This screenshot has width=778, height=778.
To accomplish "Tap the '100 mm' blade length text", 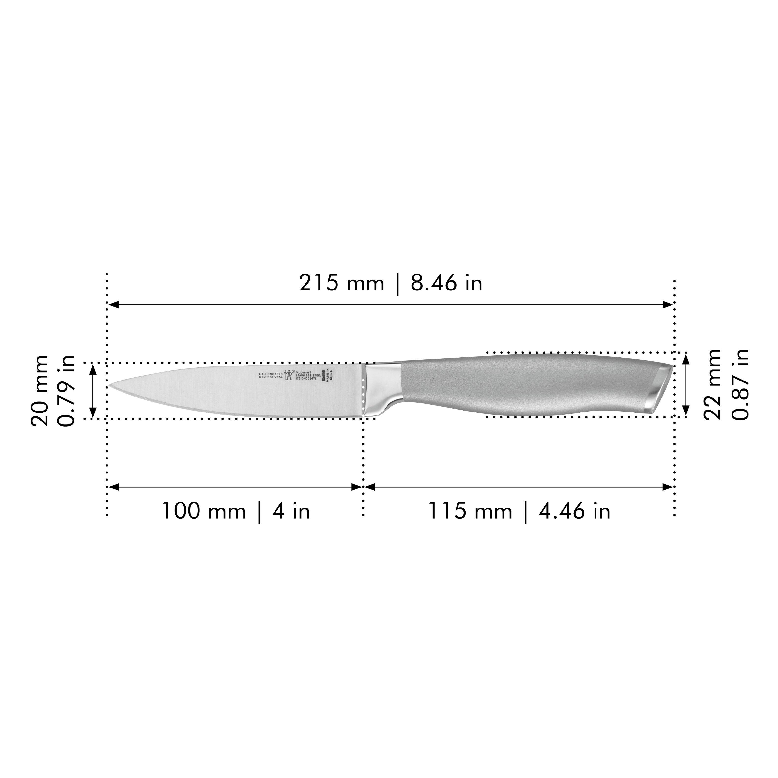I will [204, 511].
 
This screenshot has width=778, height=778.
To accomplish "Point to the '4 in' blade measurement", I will [291, 511].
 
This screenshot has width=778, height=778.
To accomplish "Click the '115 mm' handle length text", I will [470, 511].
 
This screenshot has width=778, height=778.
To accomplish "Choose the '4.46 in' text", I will [575, 511].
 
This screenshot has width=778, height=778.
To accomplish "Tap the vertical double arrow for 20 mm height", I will [93, 391].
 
